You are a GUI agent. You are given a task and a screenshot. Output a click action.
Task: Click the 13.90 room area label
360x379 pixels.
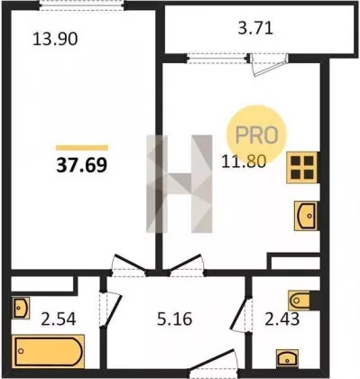click(55, 40)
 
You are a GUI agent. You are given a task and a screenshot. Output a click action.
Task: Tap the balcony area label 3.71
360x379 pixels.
click(255, 29)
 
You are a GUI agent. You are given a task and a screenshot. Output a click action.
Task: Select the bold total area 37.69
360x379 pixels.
click(81, 165)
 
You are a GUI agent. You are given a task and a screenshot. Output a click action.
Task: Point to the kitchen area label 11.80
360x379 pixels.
click(244, 162)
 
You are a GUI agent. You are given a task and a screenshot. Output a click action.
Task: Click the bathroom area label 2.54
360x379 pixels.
click(59, 319)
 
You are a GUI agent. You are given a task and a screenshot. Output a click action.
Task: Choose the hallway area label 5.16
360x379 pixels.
click(174, 319)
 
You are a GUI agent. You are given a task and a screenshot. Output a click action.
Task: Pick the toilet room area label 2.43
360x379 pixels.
click(282, 319)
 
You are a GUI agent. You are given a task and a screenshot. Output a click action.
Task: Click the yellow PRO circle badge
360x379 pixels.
click(256, 134)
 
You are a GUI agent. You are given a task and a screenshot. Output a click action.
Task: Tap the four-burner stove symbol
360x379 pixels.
click(302, 168)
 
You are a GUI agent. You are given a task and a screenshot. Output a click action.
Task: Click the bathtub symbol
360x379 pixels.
click(48, 351)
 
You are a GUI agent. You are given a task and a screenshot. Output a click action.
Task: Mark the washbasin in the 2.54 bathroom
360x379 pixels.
click(21, 308)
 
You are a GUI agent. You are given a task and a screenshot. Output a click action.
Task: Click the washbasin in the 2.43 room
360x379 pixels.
click(288, 358)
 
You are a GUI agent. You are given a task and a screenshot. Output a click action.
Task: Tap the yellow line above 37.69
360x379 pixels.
click(82, 147)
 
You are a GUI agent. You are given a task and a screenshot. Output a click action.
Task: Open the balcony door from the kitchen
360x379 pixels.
click(269, 65)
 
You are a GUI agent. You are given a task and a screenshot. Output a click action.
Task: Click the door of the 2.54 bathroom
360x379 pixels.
click(110, 310)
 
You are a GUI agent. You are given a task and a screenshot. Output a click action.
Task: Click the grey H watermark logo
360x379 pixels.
click(180, 184)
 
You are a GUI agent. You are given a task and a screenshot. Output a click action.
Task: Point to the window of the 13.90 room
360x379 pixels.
click(82, 6)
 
